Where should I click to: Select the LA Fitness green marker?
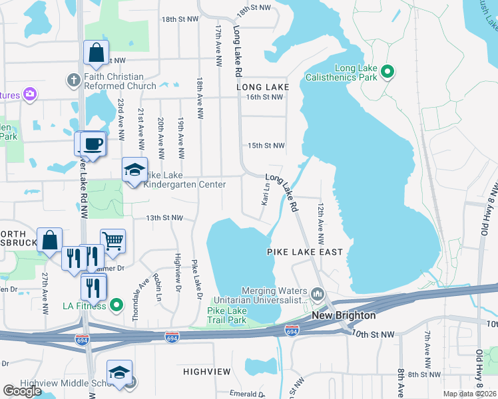click(x=117, y=305)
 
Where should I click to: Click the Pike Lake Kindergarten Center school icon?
click(x=134, y=170)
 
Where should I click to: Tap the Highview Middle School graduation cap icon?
click(x=119, y=373)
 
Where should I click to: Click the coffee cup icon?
click(x=93, y=144)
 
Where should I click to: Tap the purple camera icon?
click(x=29, y=94)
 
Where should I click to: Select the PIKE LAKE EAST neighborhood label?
click(x=305, y=252)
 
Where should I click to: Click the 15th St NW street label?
click(x=266, y=146)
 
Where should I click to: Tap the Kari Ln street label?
click(x=266, y=195)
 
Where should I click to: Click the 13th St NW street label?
click(x=164, y=217)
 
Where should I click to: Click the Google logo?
click(x=22, y=391)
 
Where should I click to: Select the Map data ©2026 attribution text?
click(x=469, y=394)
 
